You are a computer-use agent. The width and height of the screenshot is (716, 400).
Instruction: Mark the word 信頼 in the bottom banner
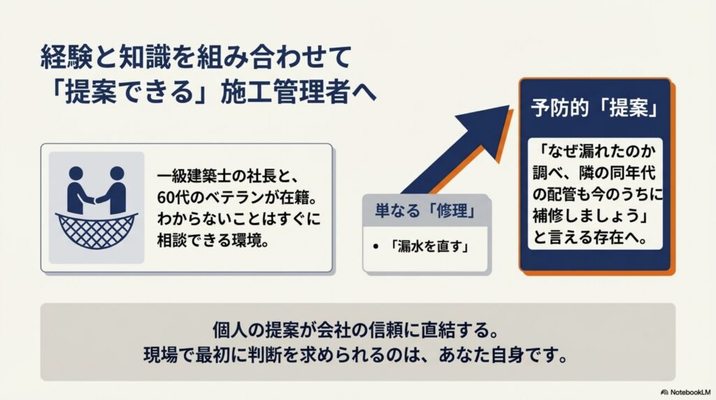387,327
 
